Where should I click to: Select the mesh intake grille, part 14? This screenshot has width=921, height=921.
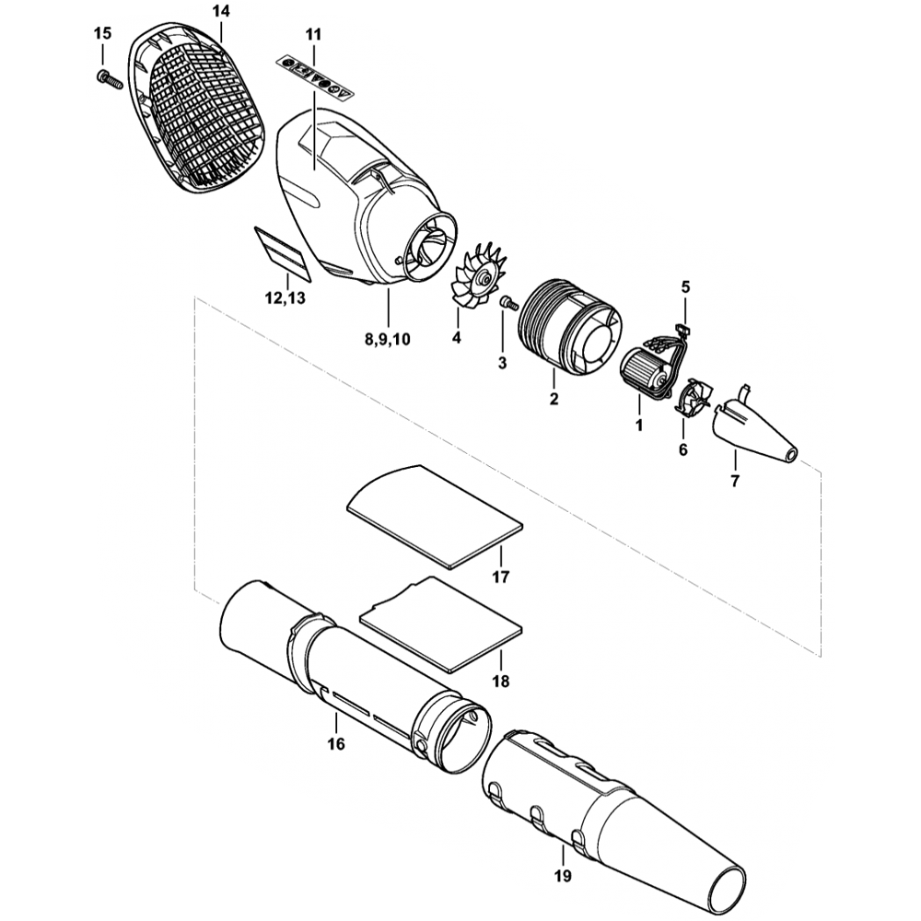point(198,115)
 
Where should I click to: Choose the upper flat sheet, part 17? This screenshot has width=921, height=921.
point(433,516)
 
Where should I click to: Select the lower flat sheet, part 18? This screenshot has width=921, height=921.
point(440,622)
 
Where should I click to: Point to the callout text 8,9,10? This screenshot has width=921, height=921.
point(387,339)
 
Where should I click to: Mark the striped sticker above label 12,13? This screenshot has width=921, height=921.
point(283,250)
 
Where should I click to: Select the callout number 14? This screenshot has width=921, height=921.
point(220,13)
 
